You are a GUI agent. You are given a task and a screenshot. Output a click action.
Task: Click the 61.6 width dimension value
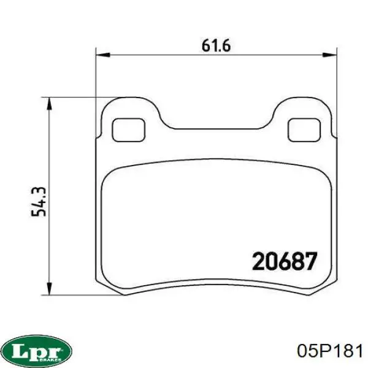pyautogui.click(x=216, y=45)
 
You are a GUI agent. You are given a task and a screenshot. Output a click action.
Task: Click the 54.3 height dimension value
pyautogui.click(x=39, y=202)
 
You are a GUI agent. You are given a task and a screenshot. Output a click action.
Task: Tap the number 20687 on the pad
pyautogui.click(x=285, y=261)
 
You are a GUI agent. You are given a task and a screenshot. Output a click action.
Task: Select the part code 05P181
pyautogui.click(x=329, y=351)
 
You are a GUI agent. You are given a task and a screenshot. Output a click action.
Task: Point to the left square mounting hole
pyautogui.click(x=129, y=130)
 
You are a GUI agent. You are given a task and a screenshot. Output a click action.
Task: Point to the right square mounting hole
pyautogui.click(x=304, y=130)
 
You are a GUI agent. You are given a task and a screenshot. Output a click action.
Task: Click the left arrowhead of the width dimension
pyautogui.click(x=103, y=55)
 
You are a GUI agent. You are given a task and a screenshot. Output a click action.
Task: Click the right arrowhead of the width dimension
pyautogui.click(x=330, y=55)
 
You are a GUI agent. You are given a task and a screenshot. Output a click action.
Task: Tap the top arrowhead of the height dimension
pyautogui.click(x=49, y=104)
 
